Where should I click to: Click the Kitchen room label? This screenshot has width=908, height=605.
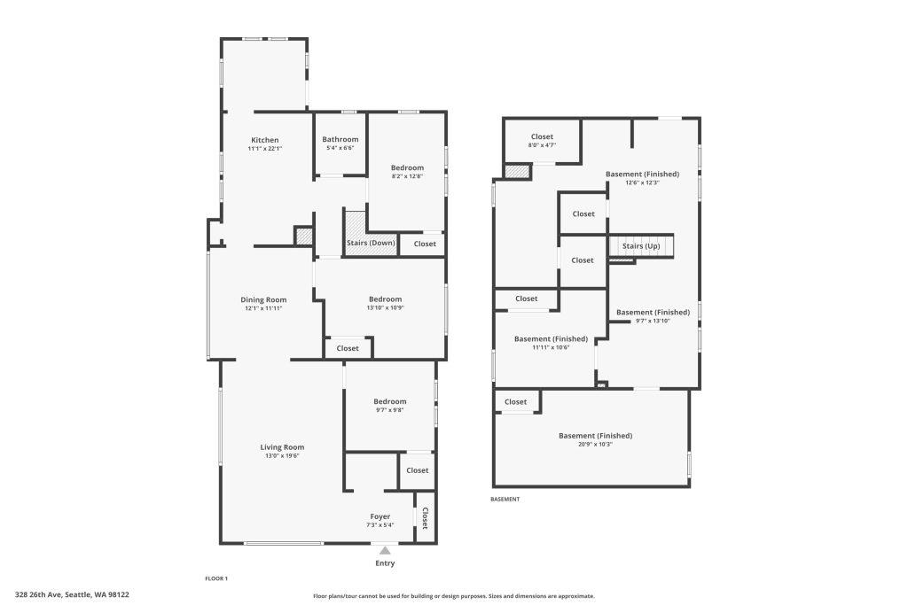pos(264,140)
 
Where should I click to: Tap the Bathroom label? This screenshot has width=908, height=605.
pos(340,139)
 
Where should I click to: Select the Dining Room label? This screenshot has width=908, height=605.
pos(263,299)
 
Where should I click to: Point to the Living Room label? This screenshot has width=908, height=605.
pos(282,447)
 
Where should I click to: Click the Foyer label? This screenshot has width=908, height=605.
pos(380,516)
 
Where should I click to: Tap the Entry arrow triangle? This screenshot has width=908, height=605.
pos(385,551)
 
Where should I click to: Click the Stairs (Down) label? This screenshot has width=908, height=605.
pos(371,243)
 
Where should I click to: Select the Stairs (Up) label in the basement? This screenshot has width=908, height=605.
pos(641,246)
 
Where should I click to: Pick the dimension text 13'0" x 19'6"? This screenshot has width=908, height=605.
pos(282,456)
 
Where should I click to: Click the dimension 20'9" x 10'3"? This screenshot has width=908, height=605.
pos(595,445)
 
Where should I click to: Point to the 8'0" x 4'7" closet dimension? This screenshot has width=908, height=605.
pos(542,145)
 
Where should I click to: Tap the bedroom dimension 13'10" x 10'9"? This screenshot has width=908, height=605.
pos(385,308)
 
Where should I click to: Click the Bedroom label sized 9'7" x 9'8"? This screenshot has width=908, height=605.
pos(390,401)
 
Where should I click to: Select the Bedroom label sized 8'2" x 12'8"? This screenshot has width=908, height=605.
pos(407,167)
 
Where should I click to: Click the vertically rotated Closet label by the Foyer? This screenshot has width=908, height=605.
pos(425,517)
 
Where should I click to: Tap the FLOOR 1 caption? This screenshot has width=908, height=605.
pos(216,578)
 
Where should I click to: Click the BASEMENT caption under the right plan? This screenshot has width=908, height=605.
pos(505,500)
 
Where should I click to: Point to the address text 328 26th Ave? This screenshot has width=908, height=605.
pos(38,594)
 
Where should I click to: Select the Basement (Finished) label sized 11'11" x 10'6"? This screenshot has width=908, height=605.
pos(551,339)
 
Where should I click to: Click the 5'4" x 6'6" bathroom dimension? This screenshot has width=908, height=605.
pos(340,148)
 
